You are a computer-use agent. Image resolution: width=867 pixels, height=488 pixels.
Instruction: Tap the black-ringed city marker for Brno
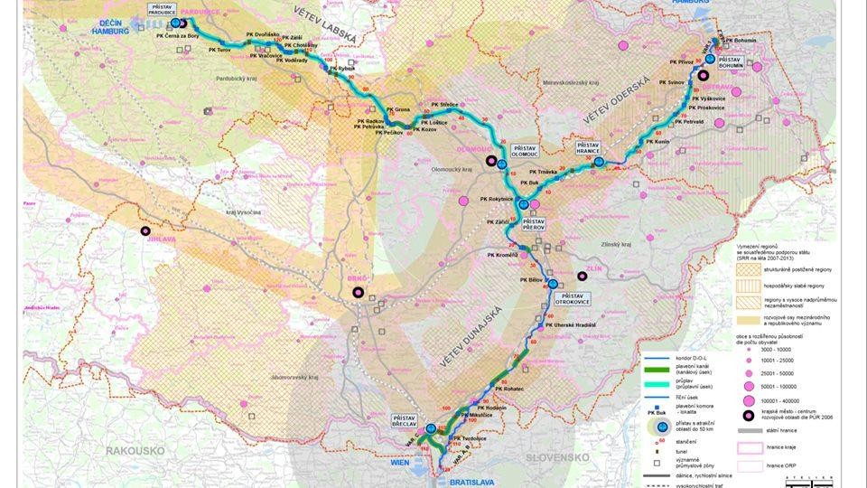(359, 292)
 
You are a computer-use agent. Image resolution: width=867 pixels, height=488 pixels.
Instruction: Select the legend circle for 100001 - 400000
(749, 400)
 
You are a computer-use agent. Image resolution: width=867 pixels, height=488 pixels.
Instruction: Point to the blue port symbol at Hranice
(599, 162)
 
